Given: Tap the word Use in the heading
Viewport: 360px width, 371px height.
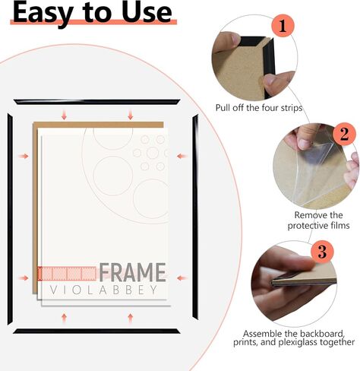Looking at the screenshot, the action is pyautogui.click(x=147, y=12).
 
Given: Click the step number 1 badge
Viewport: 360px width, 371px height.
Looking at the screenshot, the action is pyautogui.click(x=283, y=26).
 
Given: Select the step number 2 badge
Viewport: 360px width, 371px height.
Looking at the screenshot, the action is pyautogui.click(x=344, y=134).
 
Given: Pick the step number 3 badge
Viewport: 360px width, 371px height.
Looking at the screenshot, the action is pyautogui.click(x=322, y=252).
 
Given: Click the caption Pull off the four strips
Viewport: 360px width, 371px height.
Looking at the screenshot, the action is pyautogui.click(x=259, y=108).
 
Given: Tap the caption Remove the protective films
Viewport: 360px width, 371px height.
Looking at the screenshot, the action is pyautogui.click(x=318, y=220).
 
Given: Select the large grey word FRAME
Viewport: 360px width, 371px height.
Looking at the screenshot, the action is pyautogui.click(x=132, y=272).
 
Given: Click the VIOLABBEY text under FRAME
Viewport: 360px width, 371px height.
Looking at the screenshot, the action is pyautogui.click(x=103, y=290).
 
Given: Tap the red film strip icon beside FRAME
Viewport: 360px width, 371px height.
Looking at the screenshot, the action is pyautogui.click(x=67, y=274).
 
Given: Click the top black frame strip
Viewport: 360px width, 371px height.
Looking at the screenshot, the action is pyautogui.click(x=97, y=102).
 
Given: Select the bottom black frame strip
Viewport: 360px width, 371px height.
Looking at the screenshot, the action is pyautogui.click(x=96, y=331).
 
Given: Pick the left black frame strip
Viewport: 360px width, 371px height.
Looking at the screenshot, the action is pyautogui.click(x=10, y=219).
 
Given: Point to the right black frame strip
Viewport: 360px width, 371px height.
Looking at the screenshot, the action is pyautogui.click(x=195, y=217).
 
